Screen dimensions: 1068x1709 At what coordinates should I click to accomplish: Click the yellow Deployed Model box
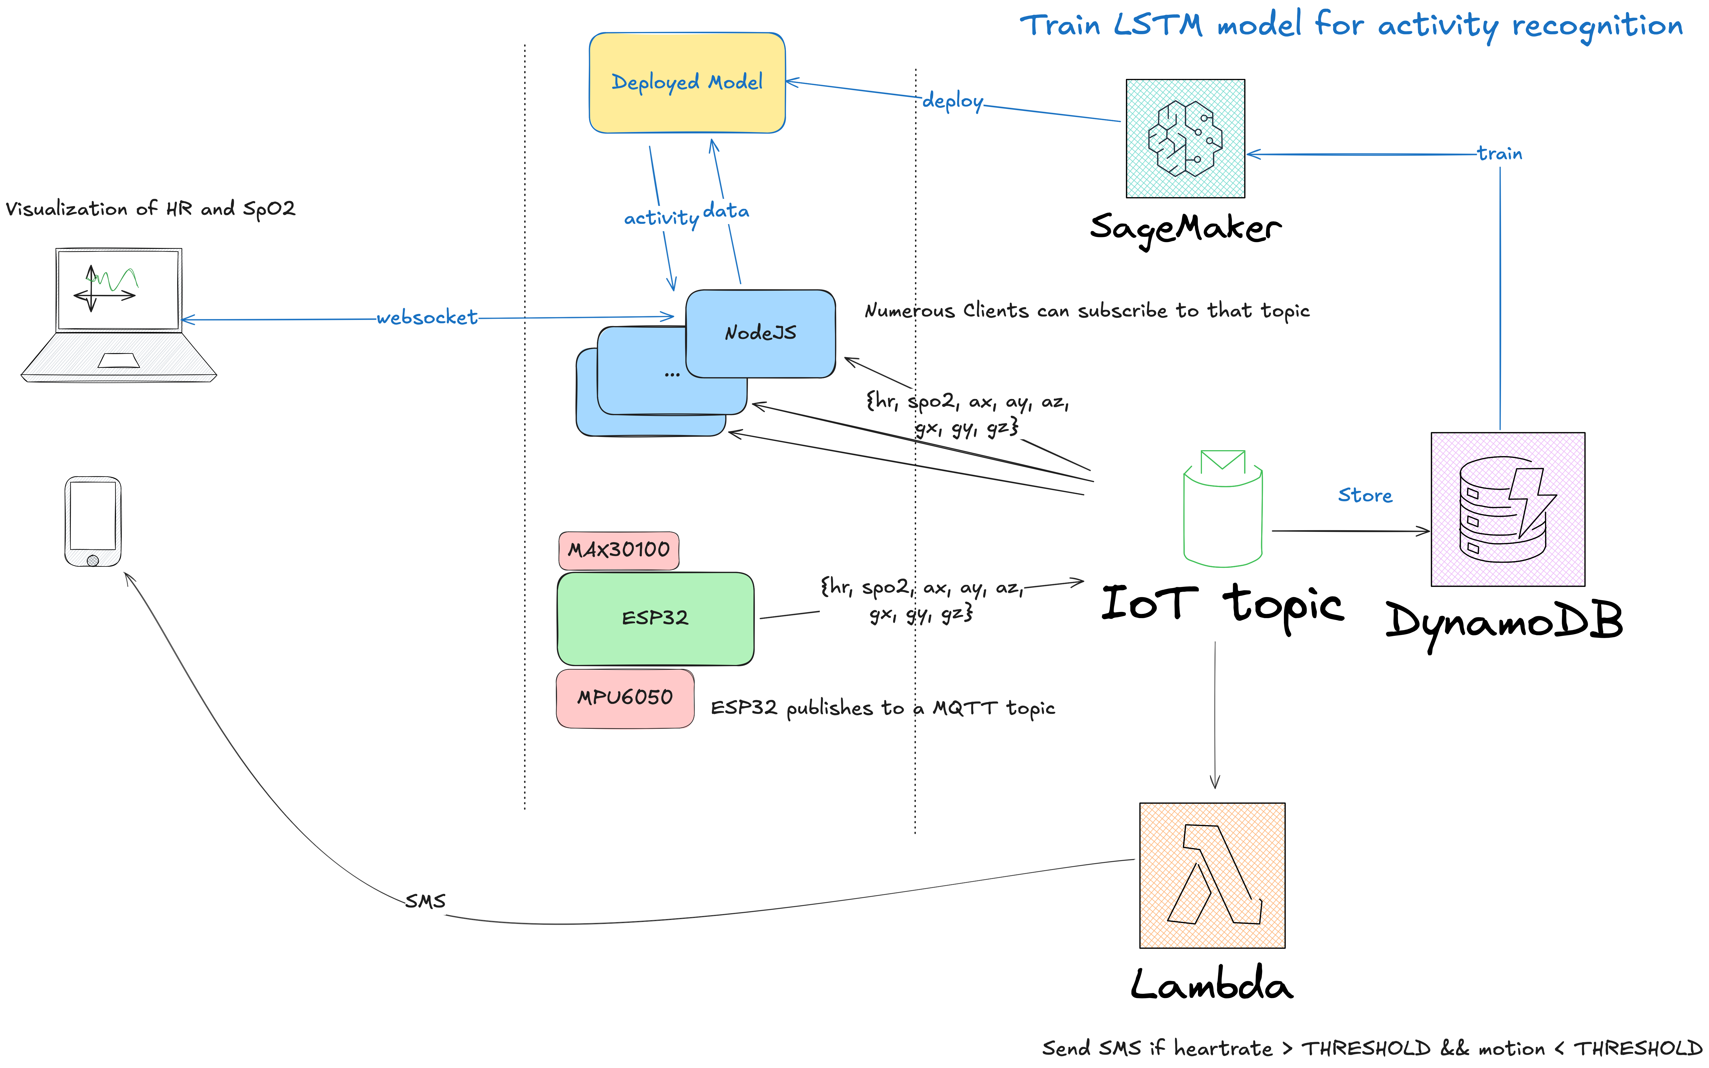coord(686,83)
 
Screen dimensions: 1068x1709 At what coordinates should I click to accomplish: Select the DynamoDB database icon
coord(1507,509)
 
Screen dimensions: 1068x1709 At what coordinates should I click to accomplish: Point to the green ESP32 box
coord(655,619)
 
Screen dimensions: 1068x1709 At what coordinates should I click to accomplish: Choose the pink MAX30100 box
coord(619,550)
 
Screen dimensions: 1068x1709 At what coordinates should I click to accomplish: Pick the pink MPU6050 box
coord(625,698)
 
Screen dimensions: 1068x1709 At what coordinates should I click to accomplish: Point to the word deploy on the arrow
coord(953,101)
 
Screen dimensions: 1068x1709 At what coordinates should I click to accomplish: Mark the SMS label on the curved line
coord(425,901)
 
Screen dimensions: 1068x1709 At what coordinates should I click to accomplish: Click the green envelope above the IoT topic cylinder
coord(1222,461)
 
